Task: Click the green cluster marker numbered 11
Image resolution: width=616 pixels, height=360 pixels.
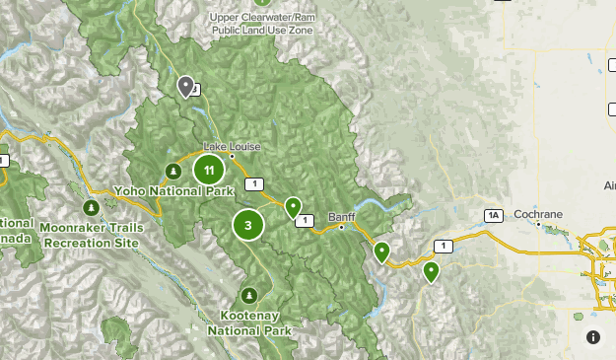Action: coord(208,170)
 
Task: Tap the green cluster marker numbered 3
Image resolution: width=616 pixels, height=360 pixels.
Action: coord(247,225)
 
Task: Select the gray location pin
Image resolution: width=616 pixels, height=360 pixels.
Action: coord(184,88)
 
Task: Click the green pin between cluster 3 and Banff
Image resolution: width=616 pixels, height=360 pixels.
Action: coord(293,207)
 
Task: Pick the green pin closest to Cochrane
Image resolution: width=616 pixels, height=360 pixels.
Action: coord(431,271)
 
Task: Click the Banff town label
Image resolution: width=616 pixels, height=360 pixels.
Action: coord(342,217)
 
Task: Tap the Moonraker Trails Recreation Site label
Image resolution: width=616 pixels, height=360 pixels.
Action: coord(92,235)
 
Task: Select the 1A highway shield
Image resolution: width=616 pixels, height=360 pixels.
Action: coord(494,215)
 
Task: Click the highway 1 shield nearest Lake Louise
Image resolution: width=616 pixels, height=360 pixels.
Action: coord(255,183)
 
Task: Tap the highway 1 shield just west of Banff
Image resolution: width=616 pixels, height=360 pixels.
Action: coord(308,220)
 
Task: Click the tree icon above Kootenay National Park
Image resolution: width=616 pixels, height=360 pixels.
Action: coord(249,295)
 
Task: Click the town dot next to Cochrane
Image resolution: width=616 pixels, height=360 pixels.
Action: coord(538,223)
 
